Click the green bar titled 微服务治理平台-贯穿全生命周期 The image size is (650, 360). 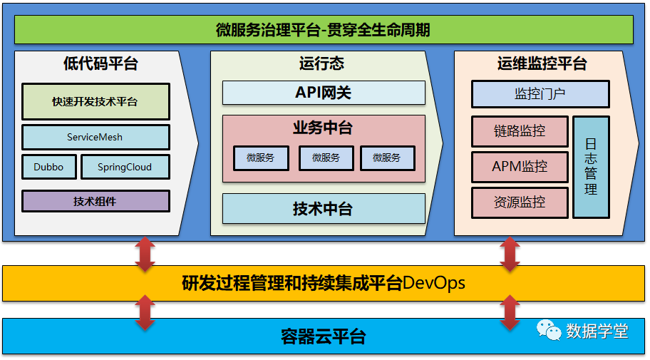324,30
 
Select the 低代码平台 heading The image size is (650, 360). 100,64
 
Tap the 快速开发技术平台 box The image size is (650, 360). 96,102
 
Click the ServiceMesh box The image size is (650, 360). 96,137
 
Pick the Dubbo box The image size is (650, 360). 48,167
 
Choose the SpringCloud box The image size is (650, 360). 125,167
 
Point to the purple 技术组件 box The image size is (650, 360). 96,201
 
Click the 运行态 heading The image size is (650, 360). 321,64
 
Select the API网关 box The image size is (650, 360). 324,93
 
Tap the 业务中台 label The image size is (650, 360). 323,128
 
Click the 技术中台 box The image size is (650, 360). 324,209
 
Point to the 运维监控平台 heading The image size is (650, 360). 542,64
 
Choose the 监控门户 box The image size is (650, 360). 540,94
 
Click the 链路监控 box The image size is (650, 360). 520,131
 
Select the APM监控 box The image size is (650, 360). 520,167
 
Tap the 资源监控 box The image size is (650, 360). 520,202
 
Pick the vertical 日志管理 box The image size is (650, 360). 591,167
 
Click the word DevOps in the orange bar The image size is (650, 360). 434,283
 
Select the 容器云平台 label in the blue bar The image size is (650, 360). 324,336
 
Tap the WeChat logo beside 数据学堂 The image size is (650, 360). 550,329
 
